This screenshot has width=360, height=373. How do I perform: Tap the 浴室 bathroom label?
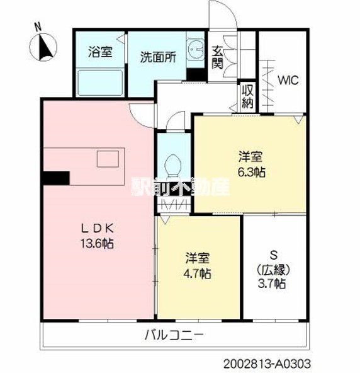point(100,52)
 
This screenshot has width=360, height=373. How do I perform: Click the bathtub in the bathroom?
point(100,81)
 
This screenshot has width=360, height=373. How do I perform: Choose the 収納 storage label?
point(247,96)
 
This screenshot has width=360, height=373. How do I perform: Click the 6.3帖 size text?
point(251,171)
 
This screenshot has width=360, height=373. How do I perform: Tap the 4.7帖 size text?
point(198,273)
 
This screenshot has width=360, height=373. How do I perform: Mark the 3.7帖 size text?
point(273,284)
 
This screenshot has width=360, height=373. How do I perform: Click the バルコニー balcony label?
point(174,334)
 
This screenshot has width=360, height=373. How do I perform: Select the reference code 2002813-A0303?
point(267,364)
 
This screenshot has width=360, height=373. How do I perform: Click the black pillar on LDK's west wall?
point(55,178)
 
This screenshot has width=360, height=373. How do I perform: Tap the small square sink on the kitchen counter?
point(104,158)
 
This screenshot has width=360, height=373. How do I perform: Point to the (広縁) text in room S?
point(273,269)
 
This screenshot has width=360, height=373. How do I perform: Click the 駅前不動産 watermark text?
point(181,187)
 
